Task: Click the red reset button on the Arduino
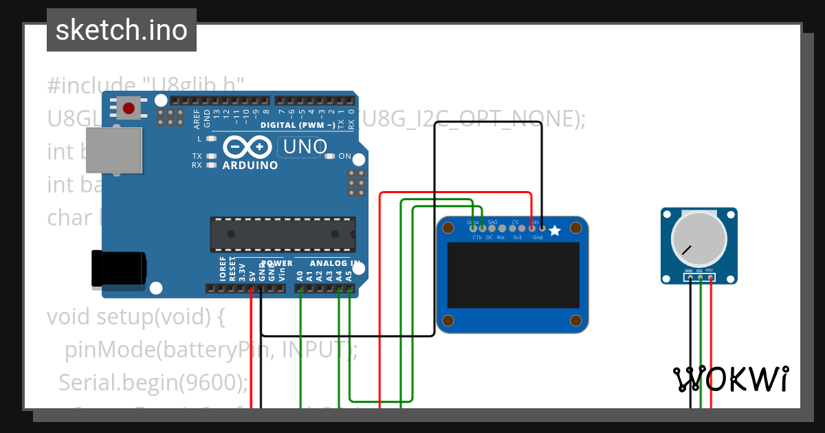pyautogui.click(x=129, y=107)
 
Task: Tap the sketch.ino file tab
pyautogui.click(x=122, y=30)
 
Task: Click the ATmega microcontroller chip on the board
pyautogui.click(x=283, y=234)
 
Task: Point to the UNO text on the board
pyautogui.click(x=305, y=146)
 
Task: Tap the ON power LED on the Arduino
pyautogui.click(x=330, y=156)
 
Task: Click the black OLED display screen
pyautogui.click(x=513, y=274)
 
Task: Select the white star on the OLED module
pyautogui.click(x=555, y=231)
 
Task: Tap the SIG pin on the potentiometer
pyautogui.click(x=700, y=277)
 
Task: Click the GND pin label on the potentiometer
pyautogui.click(x=689, y=271)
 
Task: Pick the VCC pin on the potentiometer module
pyautogui.click(x=710, y=277)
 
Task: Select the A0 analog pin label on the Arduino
pyautogui.click(x=300, y=276)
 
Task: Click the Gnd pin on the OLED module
pyautogui.click(x=542, y=227)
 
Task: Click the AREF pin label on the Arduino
pyautogui.click(x=197, y=119)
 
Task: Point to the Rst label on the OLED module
pyautogui.click(x=500, y=237)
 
